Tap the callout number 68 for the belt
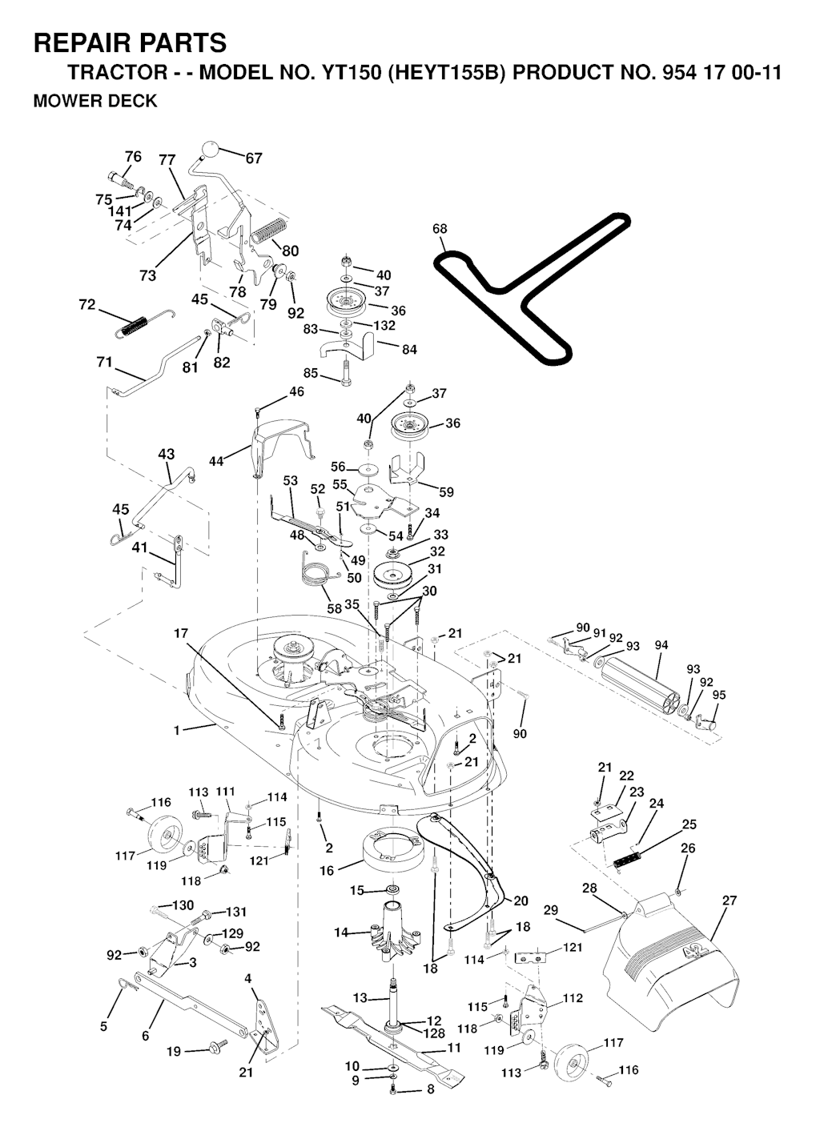click(x=440, y=229)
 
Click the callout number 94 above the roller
click(x=661, y=645)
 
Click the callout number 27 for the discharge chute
click(x=729, y=900)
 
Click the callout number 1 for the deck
click(x=176, y=729)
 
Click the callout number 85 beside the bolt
click(x=310, y=373)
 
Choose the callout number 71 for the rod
click(x=104, y=362)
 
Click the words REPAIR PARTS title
click(x=130, y=42)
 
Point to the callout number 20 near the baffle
click(x=521, y=900)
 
